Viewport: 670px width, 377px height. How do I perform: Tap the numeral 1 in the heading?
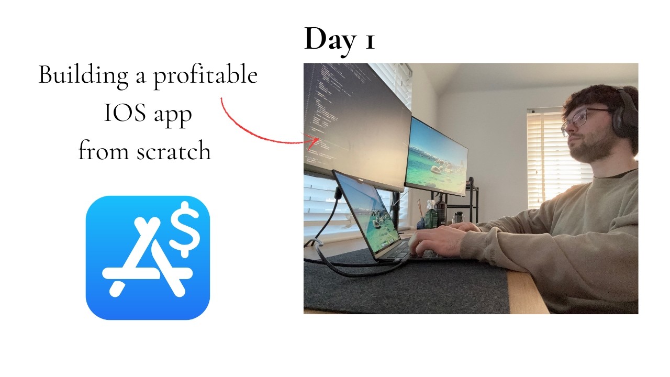pos(368,40)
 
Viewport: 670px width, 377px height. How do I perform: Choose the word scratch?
pos(174,151)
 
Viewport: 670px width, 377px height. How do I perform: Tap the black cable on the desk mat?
pos(335,262)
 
